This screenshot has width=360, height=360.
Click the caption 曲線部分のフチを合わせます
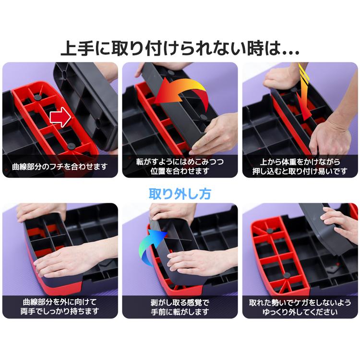60,168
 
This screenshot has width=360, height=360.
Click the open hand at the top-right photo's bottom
331,139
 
